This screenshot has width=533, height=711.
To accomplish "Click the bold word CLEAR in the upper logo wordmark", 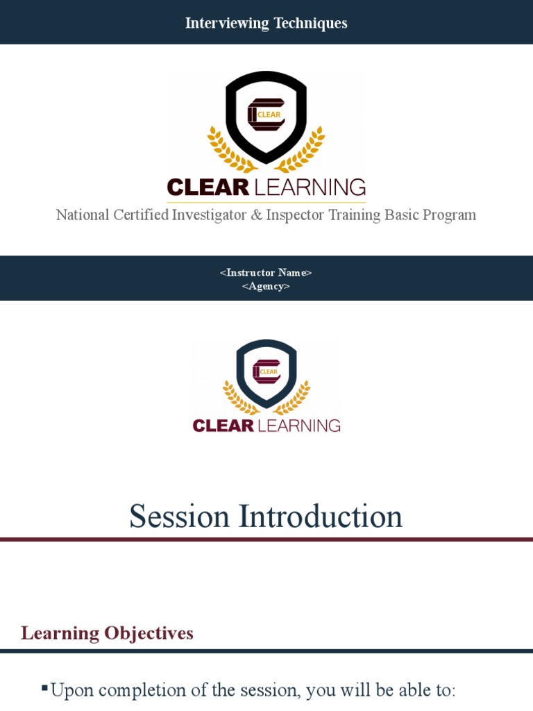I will tap(208, 187).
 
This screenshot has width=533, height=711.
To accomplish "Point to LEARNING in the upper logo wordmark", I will tap(310, 187).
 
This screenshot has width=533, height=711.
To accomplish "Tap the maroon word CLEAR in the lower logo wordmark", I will tap(222, 425).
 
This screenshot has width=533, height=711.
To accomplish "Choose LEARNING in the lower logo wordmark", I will tap(299, 425).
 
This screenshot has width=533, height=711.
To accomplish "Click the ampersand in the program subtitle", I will tap(256, 215).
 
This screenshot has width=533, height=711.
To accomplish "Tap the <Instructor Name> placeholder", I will tap(266, 272).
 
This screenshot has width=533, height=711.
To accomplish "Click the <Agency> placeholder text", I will tap(266, 286).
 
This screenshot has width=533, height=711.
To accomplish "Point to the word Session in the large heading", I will tap(179, 517).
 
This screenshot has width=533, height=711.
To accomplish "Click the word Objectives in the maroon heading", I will tap(149, 633).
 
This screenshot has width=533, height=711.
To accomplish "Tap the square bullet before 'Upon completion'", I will tap(44, 688).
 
